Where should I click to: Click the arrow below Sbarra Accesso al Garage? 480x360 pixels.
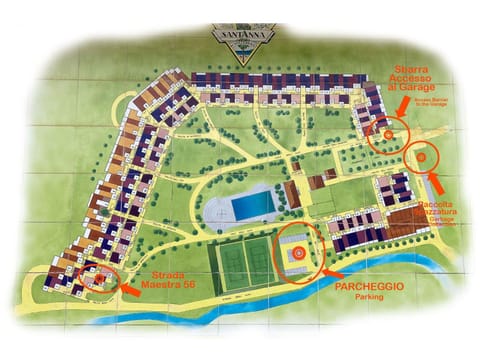(x=402, y=106)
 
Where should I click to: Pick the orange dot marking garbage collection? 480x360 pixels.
(x=422, y=156)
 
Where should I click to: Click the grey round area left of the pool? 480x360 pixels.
(x=215, y=212)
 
